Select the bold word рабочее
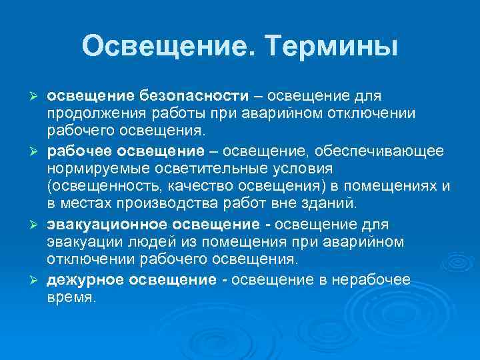(78, 152)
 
